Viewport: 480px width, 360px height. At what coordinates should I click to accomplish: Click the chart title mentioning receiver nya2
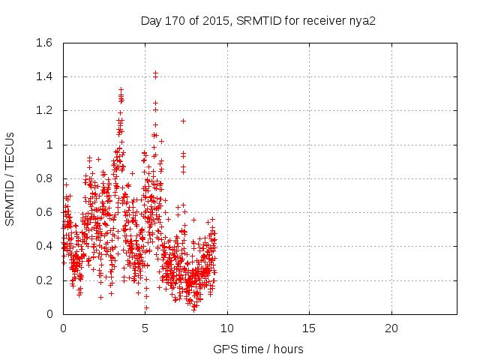pos(258,20)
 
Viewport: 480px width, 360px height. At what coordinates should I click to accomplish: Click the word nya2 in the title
pos(362,20)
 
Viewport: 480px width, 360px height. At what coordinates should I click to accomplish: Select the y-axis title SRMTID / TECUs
pos(10,178)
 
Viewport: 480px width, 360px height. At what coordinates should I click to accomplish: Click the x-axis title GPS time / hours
pos(258,349)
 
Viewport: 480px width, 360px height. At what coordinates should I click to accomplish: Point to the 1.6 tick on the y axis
pos(45,43)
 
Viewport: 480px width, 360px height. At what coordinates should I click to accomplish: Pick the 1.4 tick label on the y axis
pos(45,76)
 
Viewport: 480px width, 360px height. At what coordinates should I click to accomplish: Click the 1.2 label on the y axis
pos(45,110)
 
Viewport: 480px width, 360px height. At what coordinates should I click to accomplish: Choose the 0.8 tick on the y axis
pos(45,178)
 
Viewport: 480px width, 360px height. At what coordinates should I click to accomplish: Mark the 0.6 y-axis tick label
pos(45,212)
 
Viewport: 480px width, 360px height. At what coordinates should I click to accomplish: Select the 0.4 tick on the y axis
pos(45,246)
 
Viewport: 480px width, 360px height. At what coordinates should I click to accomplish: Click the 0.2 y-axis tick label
pos(45,280)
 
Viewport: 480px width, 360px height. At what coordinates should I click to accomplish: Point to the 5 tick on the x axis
pos(145,328)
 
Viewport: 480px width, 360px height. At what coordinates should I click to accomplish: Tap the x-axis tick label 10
pos(226,328)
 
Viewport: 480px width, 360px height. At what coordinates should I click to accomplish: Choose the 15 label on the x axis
pos(308,328)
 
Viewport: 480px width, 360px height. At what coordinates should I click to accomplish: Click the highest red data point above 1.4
pos(155,73)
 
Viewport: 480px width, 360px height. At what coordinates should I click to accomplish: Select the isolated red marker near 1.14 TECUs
pos(183,121)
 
